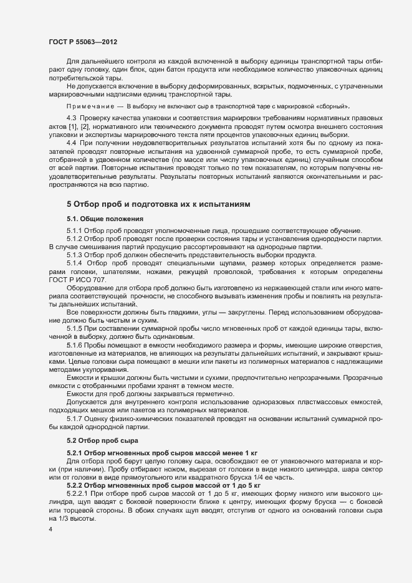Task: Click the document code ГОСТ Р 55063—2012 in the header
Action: (83, 42)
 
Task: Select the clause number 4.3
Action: (71, 118)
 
